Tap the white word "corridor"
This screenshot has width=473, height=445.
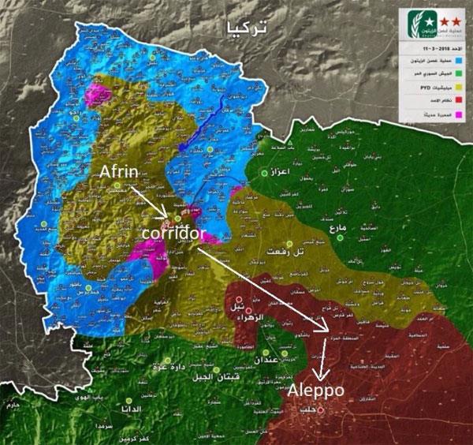pyautogui.click(x=174, y=234)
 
